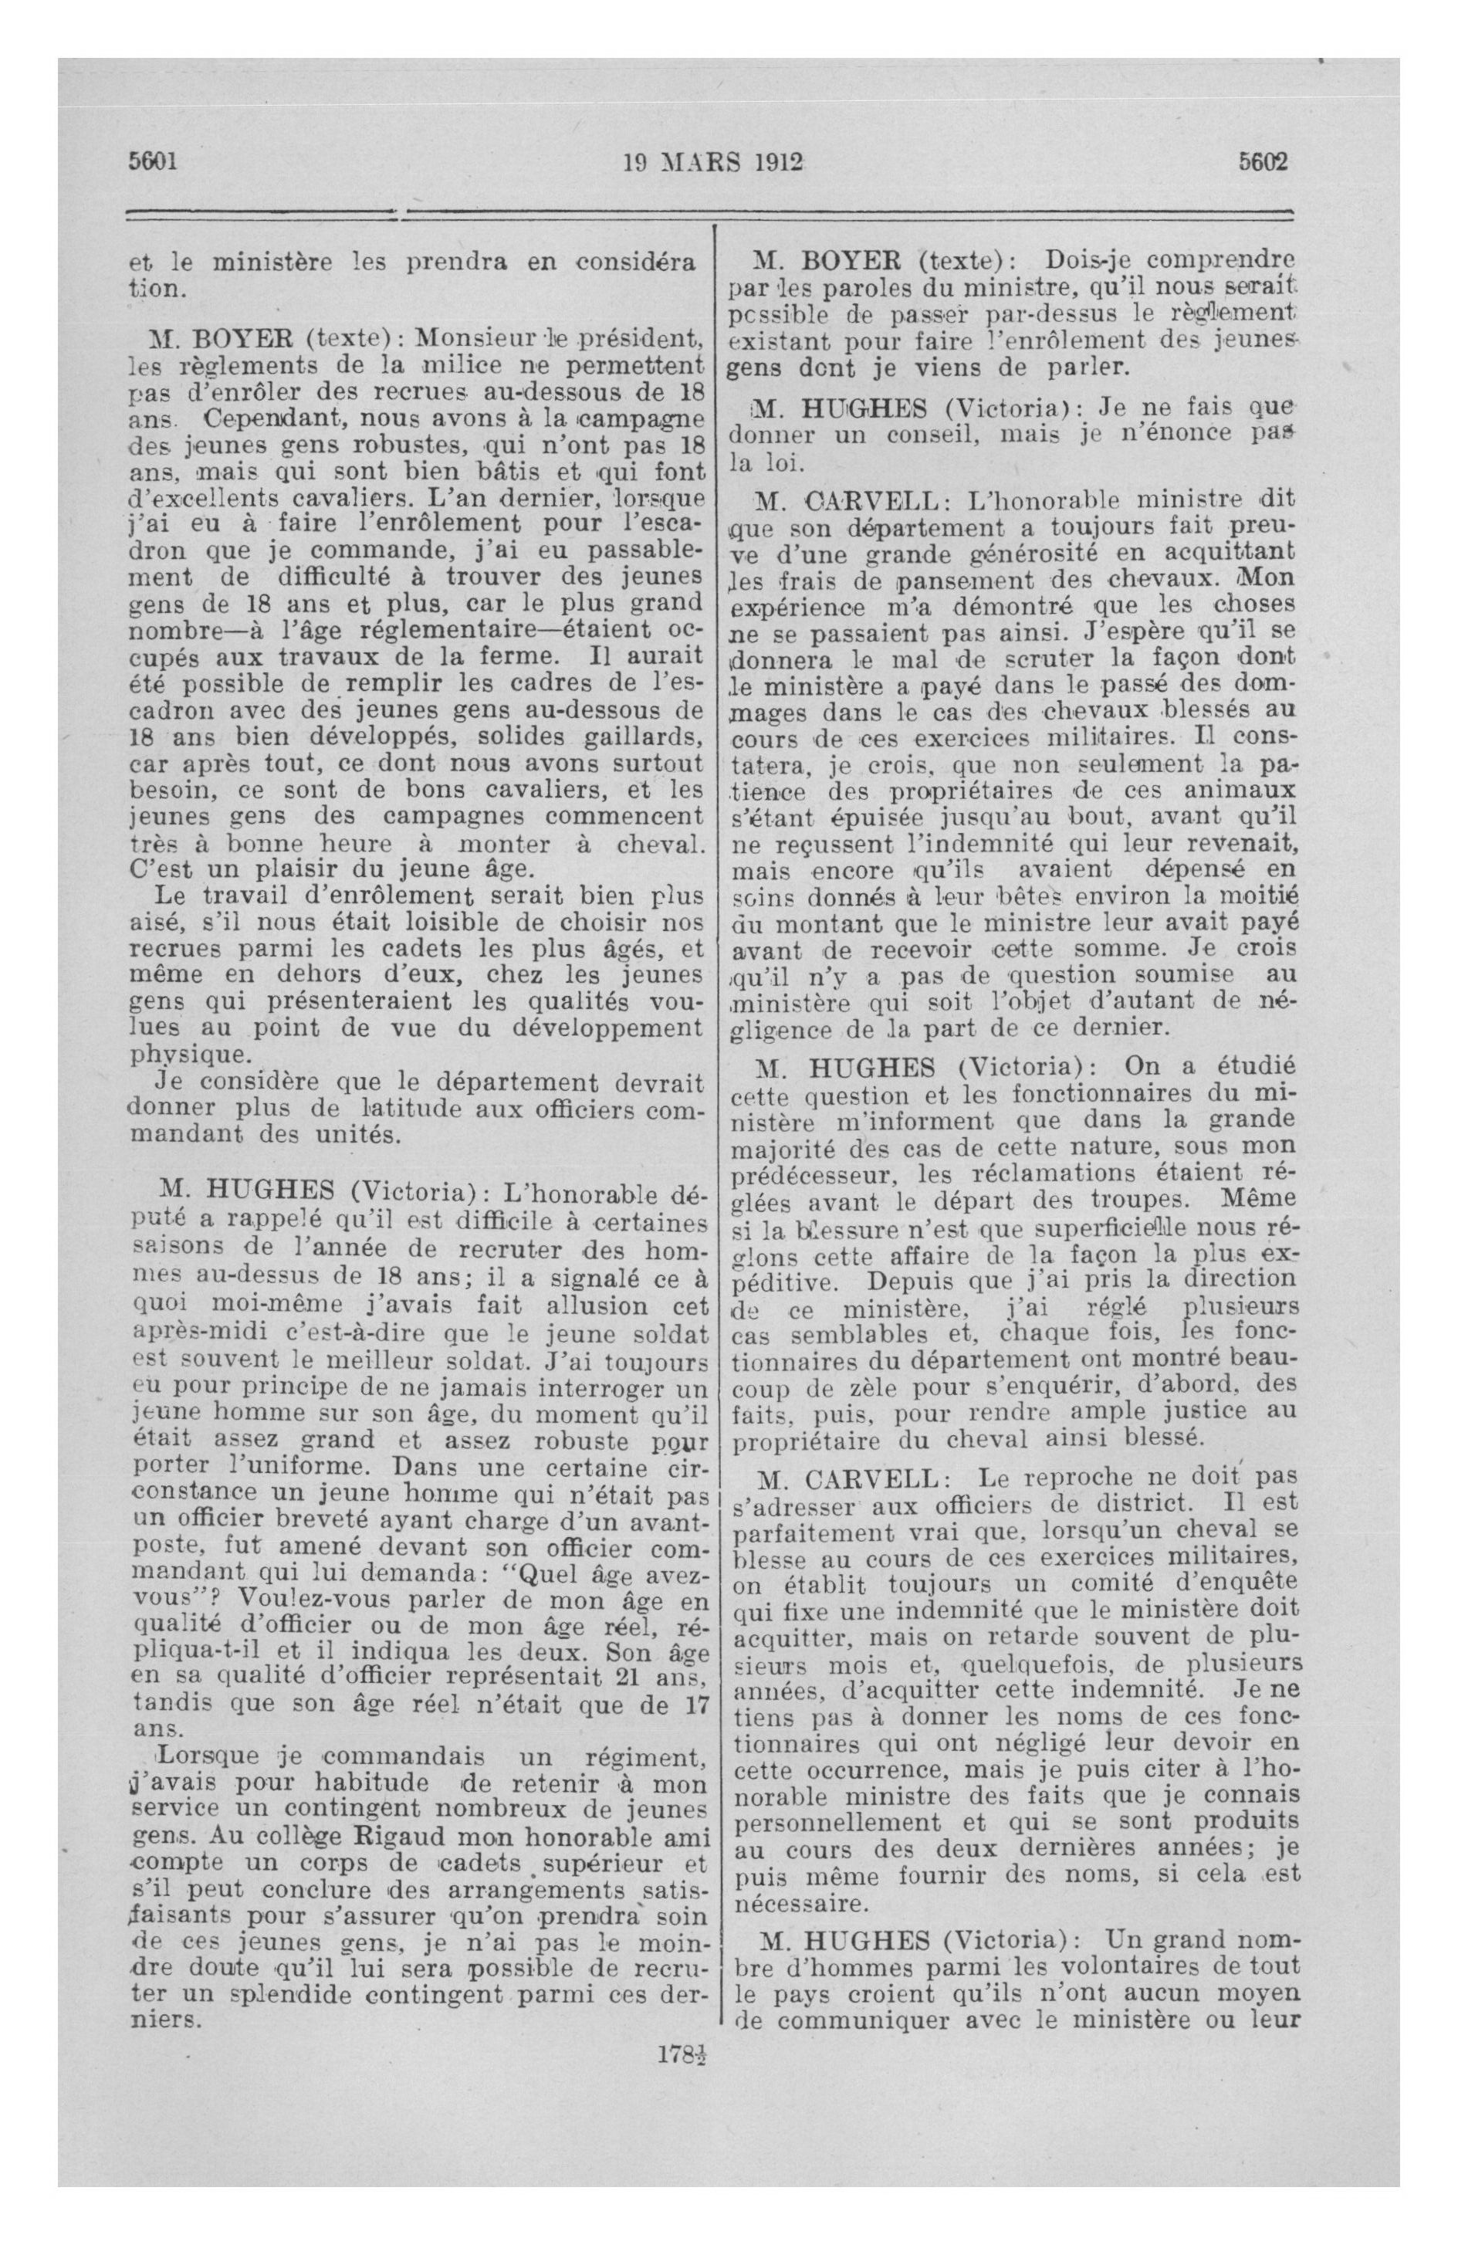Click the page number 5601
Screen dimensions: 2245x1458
point(153,161)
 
